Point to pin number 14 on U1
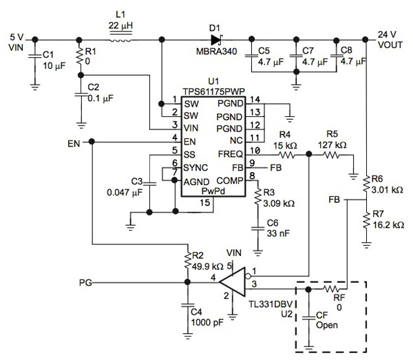254,100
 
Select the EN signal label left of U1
75,143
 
